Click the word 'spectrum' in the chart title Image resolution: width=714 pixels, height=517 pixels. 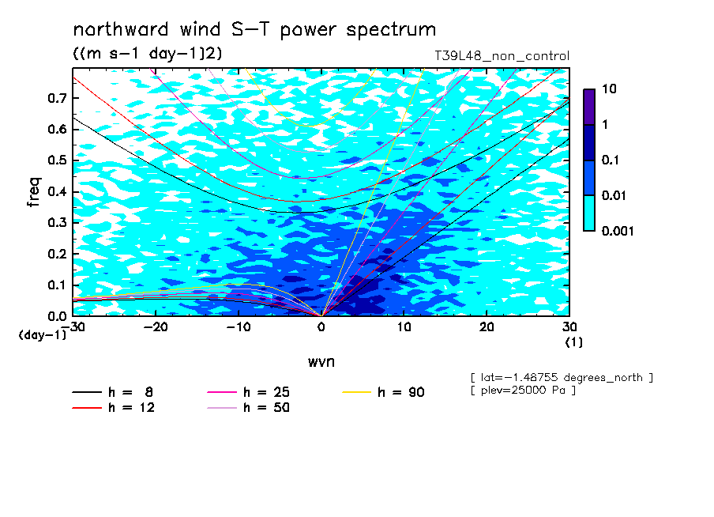coord(391,30)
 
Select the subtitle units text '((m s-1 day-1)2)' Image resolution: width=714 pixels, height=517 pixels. coord(148,53)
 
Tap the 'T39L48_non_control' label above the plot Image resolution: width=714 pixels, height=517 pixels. coord(502,56)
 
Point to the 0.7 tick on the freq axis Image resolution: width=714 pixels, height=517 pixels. coord(57,98)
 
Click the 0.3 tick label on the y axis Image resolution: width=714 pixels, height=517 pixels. coord(57,222)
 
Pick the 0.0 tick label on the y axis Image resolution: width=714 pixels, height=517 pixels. coord(57,316)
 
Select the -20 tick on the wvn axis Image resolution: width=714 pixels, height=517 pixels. coord(156,327)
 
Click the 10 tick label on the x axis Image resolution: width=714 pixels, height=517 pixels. coord(404,327)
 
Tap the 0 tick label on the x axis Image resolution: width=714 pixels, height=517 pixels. coord(321,327)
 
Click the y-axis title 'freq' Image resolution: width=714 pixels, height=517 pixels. coord(34,192)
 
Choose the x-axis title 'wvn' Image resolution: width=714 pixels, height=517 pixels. coord(321,362)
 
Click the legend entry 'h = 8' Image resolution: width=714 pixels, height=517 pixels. coord(113,392)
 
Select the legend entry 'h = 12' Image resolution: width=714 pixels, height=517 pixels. coord(114,408)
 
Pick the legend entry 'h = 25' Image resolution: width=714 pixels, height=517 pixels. coord(248,392)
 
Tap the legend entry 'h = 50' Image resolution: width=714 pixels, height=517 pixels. coord(248,408)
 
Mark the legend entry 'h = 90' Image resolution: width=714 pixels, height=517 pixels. coord(383,392)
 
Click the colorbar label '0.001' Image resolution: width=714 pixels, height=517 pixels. coord(618,231)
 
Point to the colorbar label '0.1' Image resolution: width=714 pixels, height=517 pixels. coord(611,160)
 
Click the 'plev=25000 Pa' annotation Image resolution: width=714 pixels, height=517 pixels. coord(523,391)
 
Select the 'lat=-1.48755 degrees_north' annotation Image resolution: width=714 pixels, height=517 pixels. coord(562,378)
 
